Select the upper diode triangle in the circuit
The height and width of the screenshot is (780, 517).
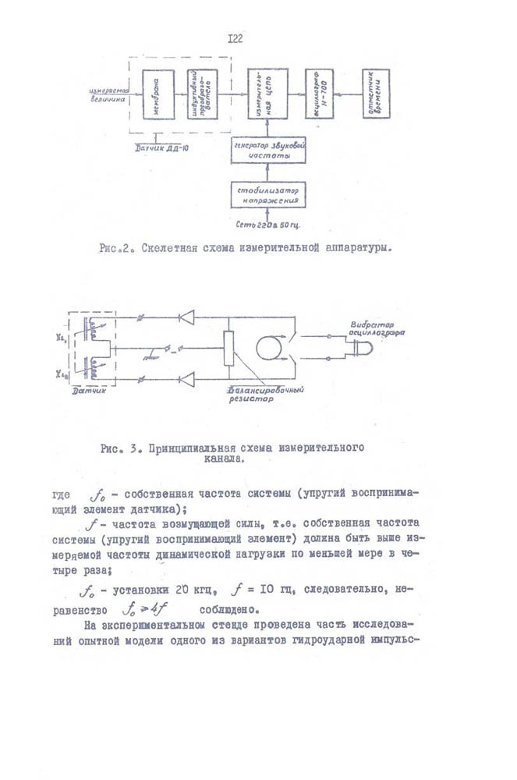(x=187, y=317)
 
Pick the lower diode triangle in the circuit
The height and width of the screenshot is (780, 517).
(x=187, y=380)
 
